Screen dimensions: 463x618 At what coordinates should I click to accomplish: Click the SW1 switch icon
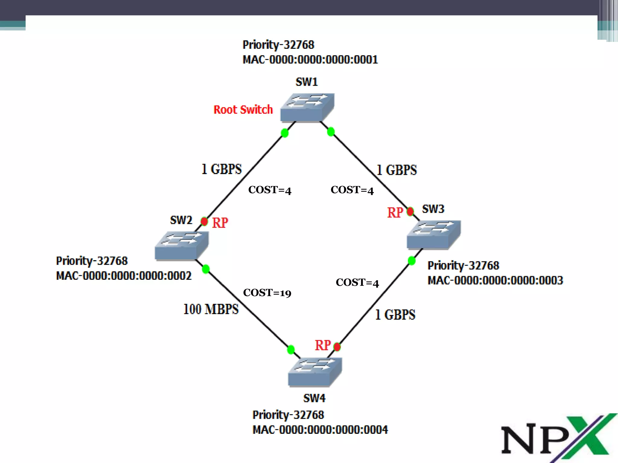tap(307, 108)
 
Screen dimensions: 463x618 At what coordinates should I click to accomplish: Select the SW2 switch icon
tap(182, 245)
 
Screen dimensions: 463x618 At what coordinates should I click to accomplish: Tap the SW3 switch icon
tap(434, 235)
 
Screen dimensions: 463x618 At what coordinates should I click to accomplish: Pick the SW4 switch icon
tap(315, 372)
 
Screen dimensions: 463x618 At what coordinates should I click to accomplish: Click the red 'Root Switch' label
tap(243, 110)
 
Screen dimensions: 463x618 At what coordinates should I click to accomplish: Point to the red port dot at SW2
tap(204, 222)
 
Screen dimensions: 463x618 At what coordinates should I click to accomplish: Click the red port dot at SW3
tap(410, 212)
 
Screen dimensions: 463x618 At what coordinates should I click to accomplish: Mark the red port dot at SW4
tap(337, 347)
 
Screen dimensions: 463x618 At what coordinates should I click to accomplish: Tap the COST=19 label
tap(267, 293)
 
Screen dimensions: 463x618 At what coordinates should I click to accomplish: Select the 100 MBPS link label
tap(211, 309)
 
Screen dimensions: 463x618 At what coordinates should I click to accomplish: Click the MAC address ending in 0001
tap(310, 60)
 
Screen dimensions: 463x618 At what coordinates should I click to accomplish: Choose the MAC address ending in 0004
tap(320, 430)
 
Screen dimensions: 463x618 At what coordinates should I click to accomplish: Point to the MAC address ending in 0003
tap(495, 280)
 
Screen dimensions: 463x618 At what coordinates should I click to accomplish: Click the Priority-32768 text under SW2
tap(92, 261)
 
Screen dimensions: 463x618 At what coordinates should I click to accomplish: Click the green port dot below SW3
tap(412, 260)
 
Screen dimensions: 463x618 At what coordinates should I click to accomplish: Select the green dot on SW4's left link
tap(291, 350)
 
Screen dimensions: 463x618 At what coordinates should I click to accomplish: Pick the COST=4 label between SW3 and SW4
tap(357, 283)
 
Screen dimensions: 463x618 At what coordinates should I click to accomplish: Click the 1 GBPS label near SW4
tap(395, 315)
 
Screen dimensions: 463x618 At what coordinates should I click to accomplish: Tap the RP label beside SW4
tap(323, 345)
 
